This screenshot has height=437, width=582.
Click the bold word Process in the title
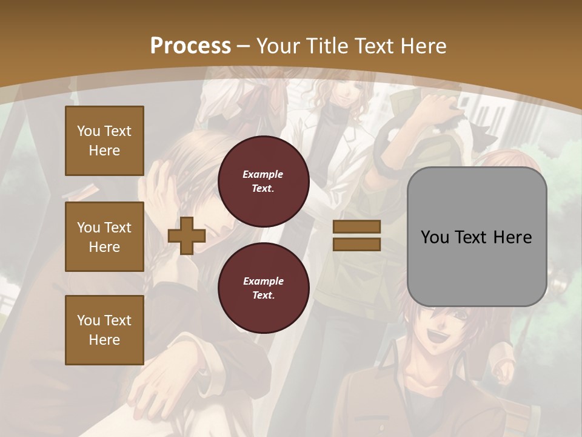(190, 46)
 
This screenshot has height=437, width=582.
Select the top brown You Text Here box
(104, 141)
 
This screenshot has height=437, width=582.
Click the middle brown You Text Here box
(104, 237)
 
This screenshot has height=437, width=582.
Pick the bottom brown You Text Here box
(104, 330)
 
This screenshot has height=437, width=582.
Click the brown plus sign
(187, 236)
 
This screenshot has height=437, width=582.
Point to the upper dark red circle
(263, 181)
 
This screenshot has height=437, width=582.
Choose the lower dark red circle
(263, 288)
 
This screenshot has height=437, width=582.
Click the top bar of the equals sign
(356, 226)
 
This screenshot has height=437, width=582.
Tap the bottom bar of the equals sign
(356, 245)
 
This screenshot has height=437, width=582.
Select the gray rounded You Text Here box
(477, 237)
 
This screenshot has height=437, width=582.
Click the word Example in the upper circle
(263, 175)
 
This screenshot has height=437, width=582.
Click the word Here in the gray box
(512, 237)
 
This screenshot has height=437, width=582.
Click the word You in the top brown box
(88, 131)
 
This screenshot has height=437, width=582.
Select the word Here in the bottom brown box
(104, 340)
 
